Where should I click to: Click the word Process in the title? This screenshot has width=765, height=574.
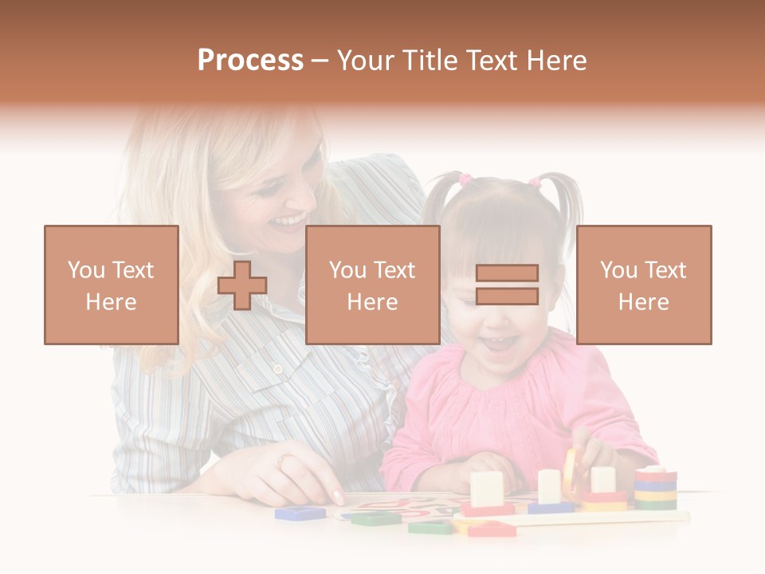(250, 61)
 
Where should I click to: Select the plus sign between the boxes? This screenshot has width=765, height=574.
(242, 285)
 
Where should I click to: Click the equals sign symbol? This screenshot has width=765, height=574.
(507, 285)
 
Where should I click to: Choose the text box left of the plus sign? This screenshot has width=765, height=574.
(112, 285)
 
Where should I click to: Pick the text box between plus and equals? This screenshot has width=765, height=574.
(372, 285)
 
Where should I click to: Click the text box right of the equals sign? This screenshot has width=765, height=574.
(644, 285)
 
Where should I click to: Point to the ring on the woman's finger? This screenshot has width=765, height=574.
(285, 461)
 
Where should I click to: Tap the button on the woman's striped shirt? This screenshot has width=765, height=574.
(278, 368)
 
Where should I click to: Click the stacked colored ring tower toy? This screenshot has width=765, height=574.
(655, 488)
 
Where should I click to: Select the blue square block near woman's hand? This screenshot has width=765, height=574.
(300, 513)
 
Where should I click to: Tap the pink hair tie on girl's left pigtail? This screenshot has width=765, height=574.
(465, 180)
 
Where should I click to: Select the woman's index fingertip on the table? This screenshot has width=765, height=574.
(339, 499)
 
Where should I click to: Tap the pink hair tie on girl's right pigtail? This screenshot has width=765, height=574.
(535, 183)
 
